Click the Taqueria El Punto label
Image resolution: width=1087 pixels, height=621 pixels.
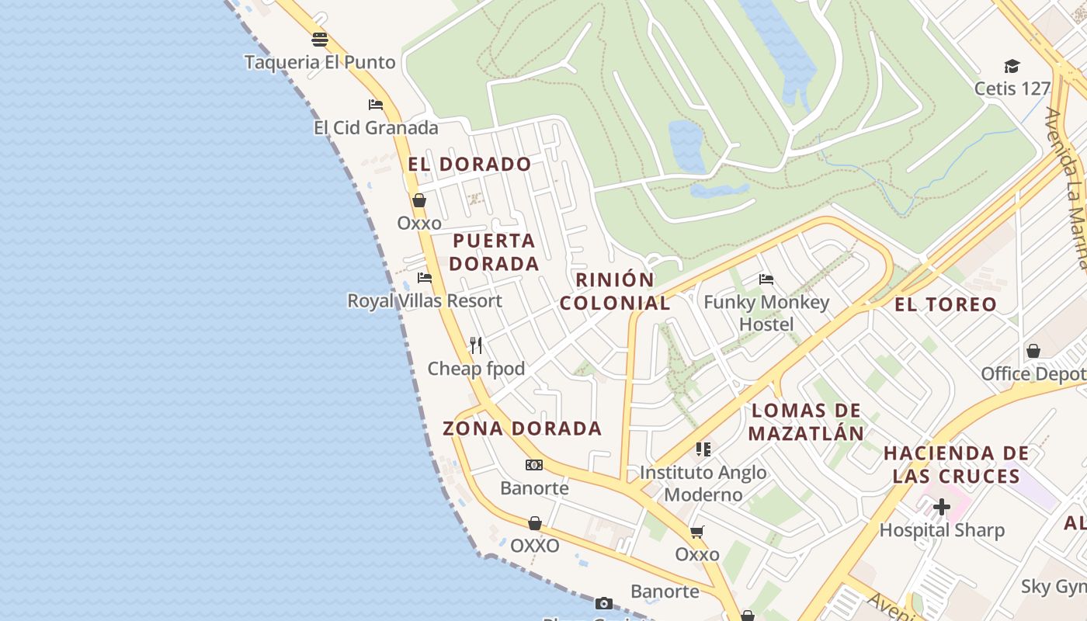coord(320,62)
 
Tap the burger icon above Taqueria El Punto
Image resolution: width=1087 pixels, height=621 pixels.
coord(320,40)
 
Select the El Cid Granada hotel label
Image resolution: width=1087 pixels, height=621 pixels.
coord(376,127)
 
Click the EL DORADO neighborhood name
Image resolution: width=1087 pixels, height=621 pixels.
coord(470,165)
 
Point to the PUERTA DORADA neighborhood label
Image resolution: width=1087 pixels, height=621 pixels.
coord(495,252)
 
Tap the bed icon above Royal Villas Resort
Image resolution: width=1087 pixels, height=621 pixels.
coord(424,278)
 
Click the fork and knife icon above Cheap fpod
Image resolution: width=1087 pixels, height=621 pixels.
coord(476,345)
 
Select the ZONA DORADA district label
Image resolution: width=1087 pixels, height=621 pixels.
coord(522,428)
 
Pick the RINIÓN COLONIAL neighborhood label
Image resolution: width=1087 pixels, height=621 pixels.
coord(615,291)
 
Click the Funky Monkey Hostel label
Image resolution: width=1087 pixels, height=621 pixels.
coord(766,313)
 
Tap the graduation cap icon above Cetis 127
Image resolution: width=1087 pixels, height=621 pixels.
coord(1012,66)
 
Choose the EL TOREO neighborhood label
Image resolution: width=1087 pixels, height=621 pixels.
coord(945,304)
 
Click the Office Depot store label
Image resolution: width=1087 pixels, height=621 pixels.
coord(1033,374)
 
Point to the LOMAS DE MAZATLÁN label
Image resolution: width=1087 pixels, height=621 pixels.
coord(807,422)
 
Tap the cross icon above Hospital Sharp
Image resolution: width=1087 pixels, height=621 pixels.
coord(942,508)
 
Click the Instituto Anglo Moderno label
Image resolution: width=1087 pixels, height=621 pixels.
coord(703,483)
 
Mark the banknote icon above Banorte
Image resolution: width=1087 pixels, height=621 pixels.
coord(534,465)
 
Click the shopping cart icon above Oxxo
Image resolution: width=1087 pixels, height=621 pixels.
coord(697,532)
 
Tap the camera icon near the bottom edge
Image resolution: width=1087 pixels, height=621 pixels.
coord(604,603)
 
